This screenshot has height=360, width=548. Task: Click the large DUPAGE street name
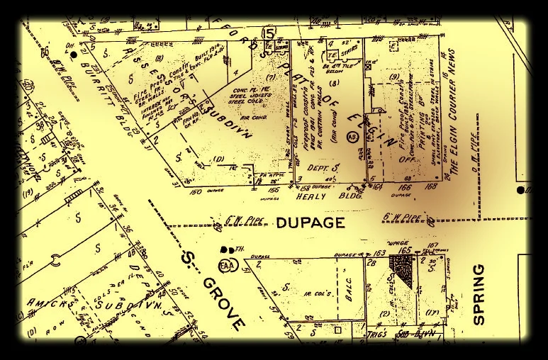[311, 223]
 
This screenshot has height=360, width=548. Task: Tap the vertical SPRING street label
[479, 294]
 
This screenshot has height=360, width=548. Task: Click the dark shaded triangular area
[402, 269]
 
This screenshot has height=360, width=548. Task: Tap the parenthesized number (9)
[394, 77]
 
